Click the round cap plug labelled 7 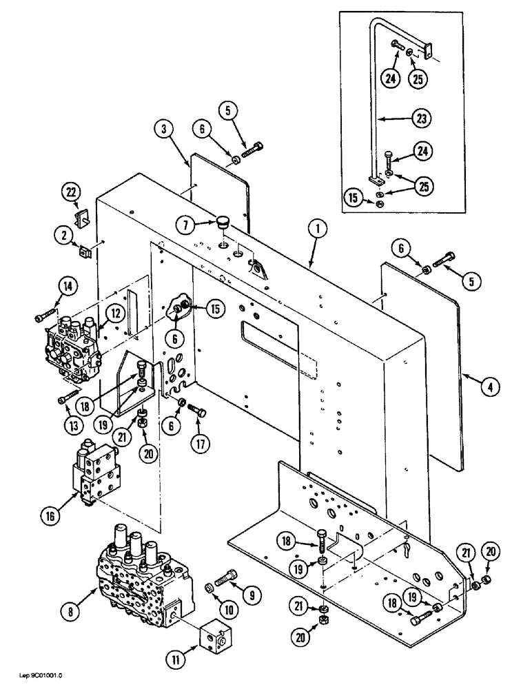222,223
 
